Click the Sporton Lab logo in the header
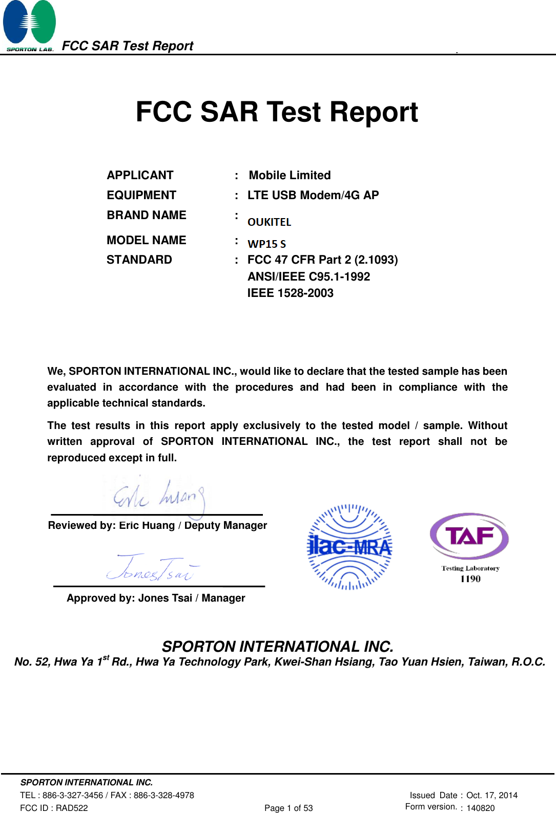tap(29, 26)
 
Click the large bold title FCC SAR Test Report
tap(277, 112)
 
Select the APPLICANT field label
tap(140, 176)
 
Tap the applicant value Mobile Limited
tap(290, 176)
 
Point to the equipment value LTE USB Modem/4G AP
tap(313, 196)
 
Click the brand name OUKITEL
tap(269, 222)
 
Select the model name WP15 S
tap(266, 244)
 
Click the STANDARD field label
tap(139, 260)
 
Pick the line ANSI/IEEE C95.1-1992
tap(308, 277)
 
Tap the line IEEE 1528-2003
tap(290, 293)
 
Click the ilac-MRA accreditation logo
tap(349, 547)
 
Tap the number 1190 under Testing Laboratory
tap(470, 579)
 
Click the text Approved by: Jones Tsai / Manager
tap(156, 598)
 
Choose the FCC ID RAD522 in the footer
tap(54, 808)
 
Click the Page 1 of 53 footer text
tap(289, 808)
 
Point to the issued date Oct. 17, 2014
tap(492, 795)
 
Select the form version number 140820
tap(481, 808)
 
